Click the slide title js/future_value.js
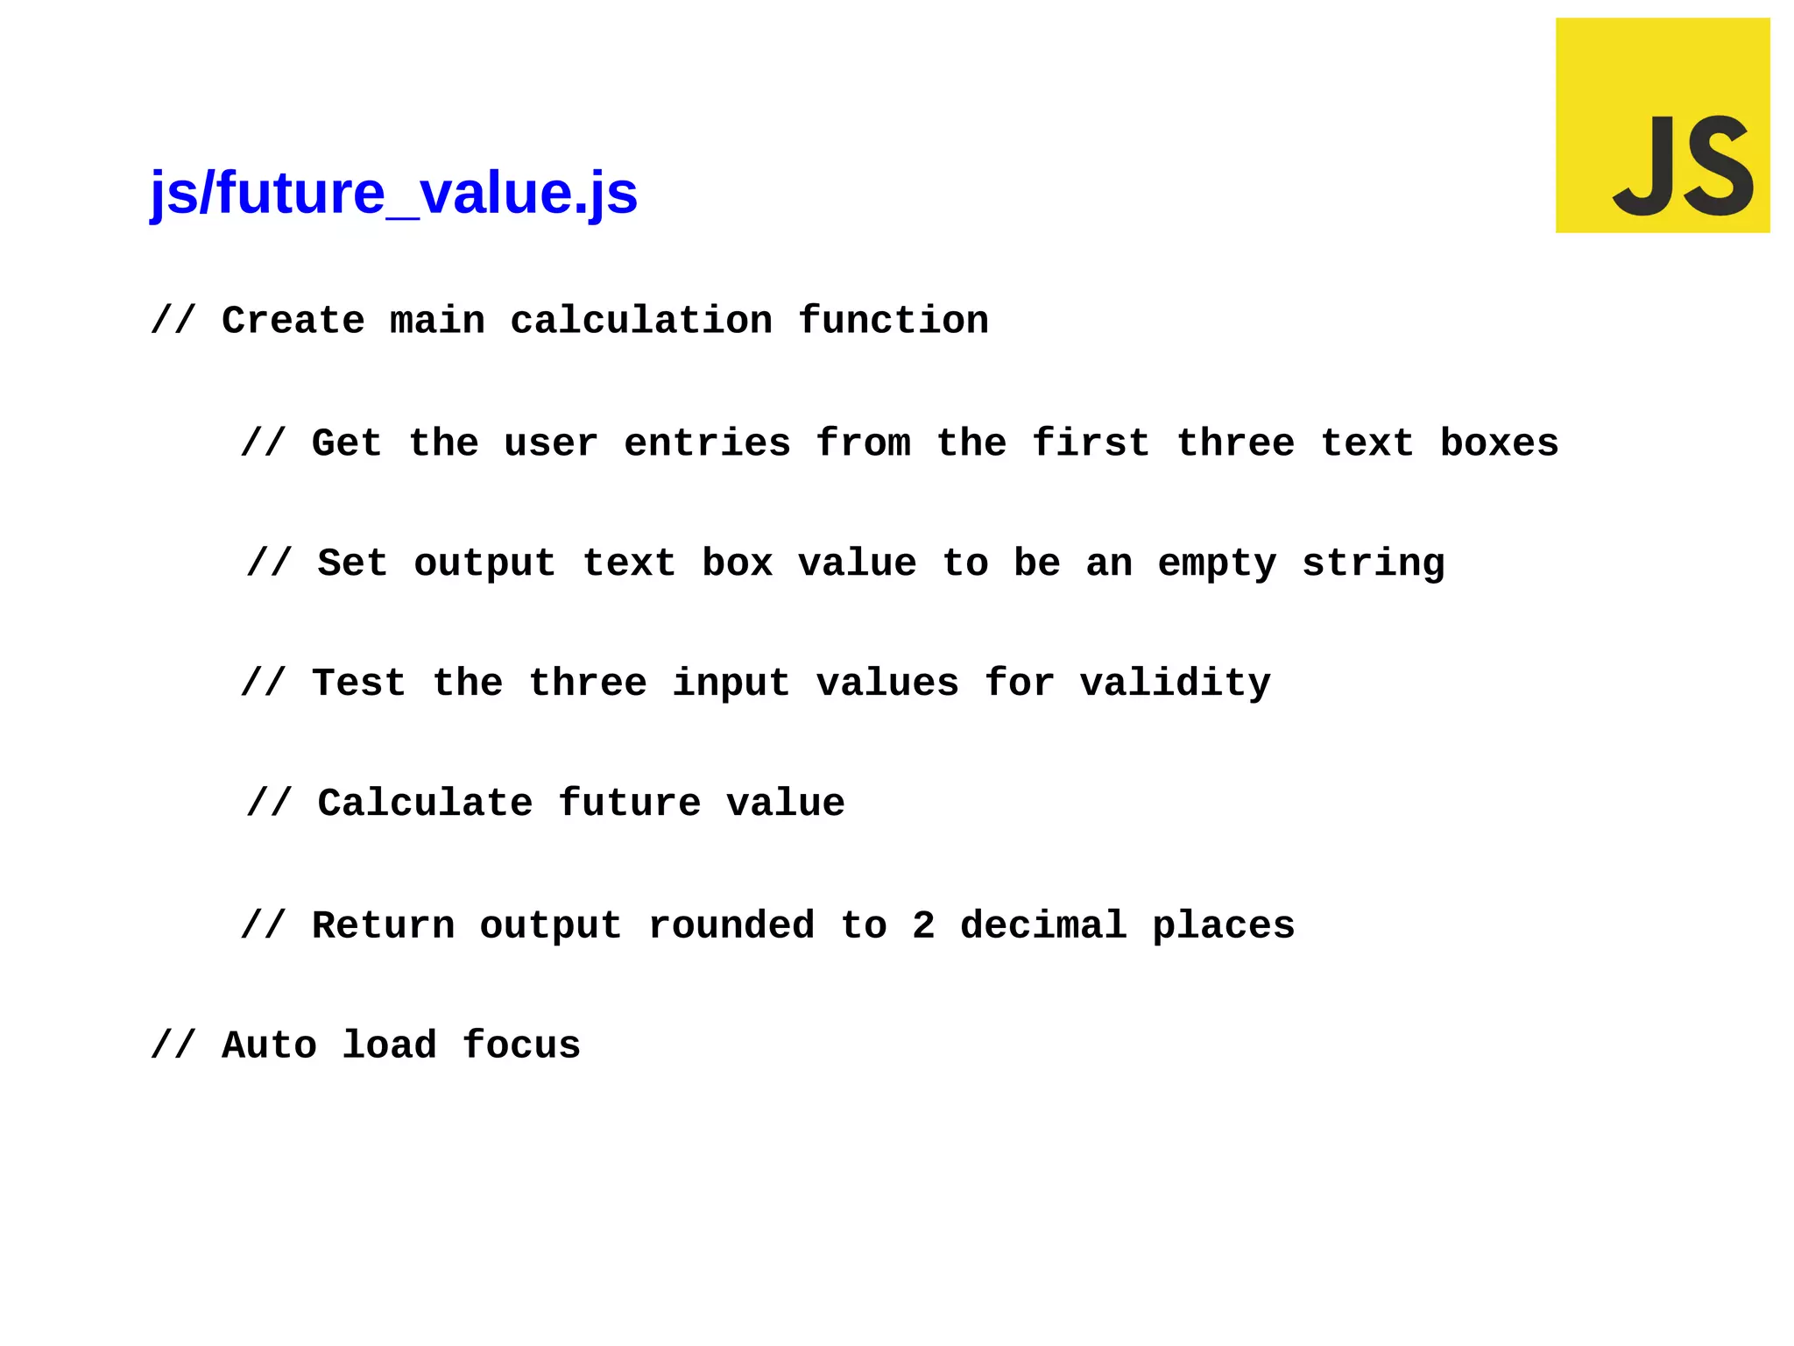coord(393,194)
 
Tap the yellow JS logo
coord(1662,125)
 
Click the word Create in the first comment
coord(293,321)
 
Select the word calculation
coord(641,321)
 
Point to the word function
coord(893,321)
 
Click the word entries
coord(707,443)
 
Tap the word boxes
coord(1499,443)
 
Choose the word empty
coord(1217,563)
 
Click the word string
coord(1373,563)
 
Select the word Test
coord(359,684)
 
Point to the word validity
coord(1175,684)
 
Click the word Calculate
coord(425,804)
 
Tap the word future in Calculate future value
coord(629,804)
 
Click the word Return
coord(384,926)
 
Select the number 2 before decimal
coord(923,926)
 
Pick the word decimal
coord(1042,926)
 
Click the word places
coord(1223,926)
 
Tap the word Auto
coord(269,1046)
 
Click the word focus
coord(521,1046)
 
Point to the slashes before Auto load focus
coord(173,1046)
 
